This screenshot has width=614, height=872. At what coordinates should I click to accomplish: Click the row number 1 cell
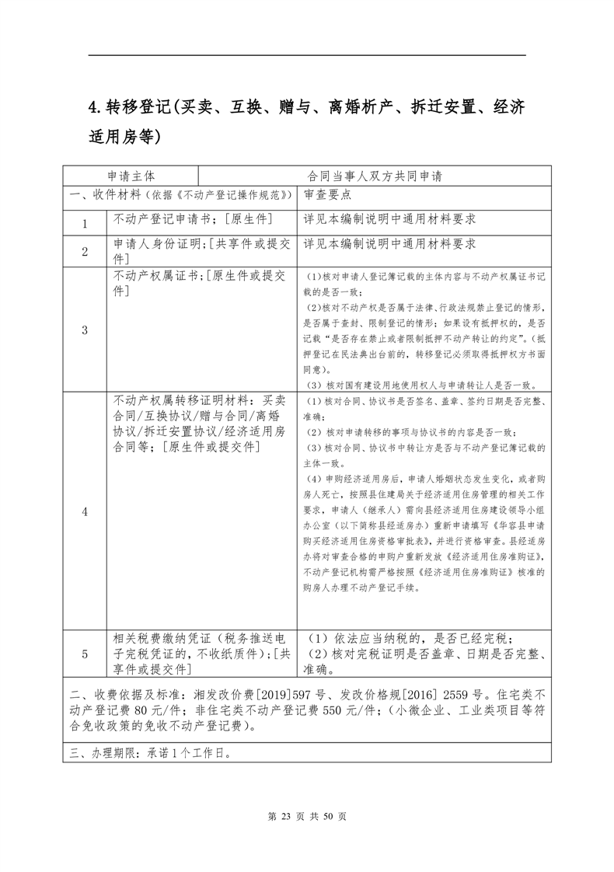pyautogui.click(x=85, y=223)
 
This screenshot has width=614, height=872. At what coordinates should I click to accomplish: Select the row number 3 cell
pyautogui.click(x=85, y=330)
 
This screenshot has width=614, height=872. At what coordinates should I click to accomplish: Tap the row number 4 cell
pyautogui.click(x=85, y=511)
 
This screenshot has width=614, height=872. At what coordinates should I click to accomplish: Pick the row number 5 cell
pyautogui.click(x=85, y=654)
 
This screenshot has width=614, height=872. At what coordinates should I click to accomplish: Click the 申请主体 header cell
pyautogui.click(x=131, y=176)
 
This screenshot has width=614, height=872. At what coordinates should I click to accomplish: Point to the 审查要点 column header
pyautogui.click(x=328, y=195)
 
